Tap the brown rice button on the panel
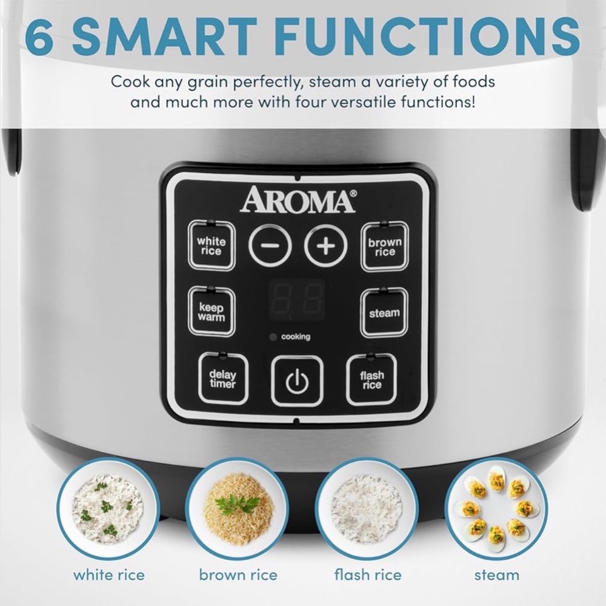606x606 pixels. [385, 247]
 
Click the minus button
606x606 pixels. [270, 246]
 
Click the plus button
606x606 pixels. [326, 246]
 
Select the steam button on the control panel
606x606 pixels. [384, 313]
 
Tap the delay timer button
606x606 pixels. [222, 379]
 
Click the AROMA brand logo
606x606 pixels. [298, 201]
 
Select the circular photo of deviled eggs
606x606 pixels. [496, 508]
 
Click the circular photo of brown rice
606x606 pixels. [238, 508]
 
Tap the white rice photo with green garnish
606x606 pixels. [108, 508]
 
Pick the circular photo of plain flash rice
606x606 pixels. [367, 508]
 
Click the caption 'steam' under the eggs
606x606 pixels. [496, 574]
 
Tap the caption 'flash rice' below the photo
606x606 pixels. [367, 574]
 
